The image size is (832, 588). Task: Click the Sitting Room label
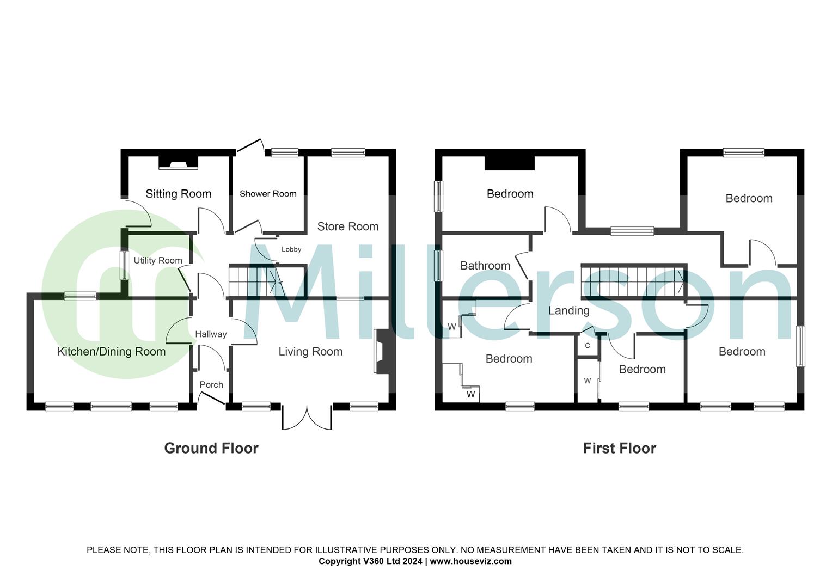[178, 194]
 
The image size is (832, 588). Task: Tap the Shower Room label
[268, 194]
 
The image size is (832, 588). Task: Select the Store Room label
[347, 226]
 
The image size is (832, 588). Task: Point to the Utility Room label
[158, 261]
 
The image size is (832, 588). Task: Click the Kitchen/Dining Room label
[111, 352]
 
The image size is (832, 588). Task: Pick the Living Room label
[310, 352]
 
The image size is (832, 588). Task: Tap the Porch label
[211, 384]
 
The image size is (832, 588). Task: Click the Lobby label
[291, 250]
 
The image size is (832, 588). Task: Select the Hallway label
[211, 334]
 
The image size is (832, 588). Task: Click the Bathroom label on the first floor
[485, 266]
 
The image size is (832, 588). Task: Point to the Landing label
[568, 310]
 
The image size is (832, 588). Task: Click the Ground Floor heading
[211, 448]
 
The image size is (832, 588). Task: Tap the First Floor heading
[619, 448]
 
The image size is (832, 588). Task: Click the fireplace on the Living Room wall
[381, 352]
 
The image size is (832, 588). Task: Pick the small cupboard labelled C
[588, 346]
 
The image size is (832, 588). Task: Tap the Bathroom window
[437, 266]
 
